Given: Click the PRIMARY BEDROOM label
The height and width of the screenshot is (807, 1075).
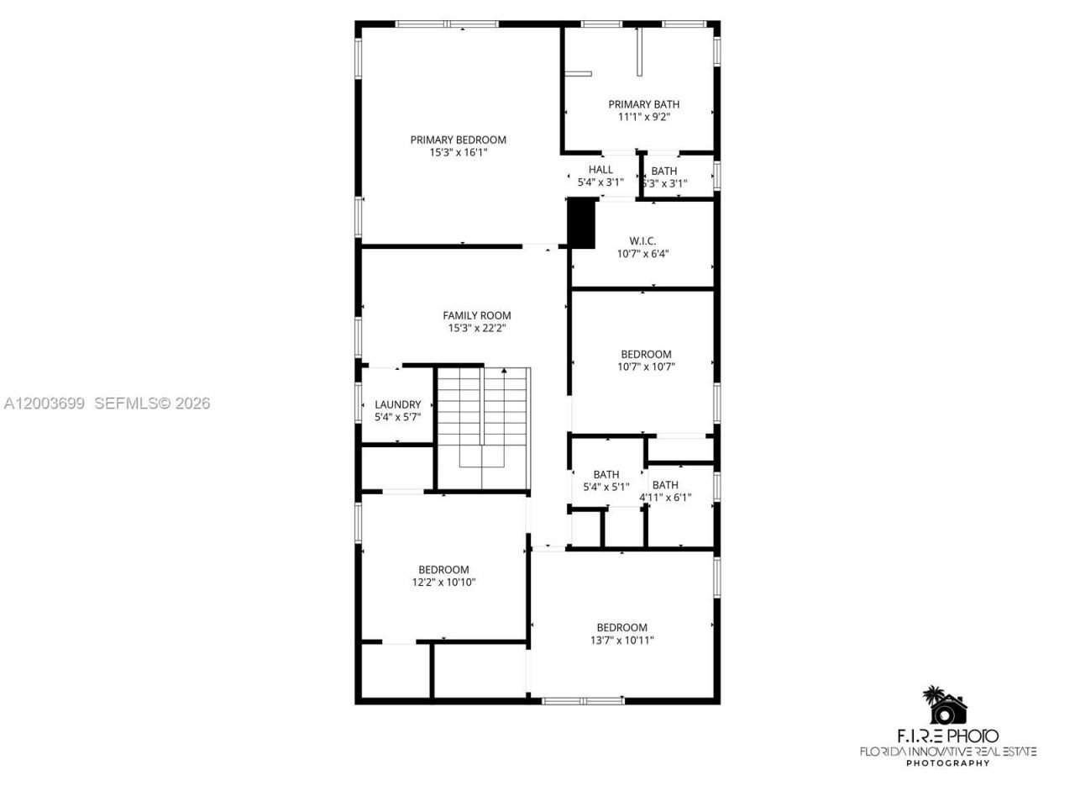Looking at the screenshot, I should pos(458,140).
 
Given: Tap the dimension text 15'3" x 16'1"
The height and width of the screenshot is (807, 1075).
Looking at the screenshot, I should pos(458,152).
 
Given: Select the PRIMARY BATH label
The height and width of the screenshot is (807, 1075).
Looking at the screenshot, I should pos(643,104).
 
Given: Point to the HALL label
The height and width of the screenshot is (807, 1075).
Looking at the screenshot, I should pos(600,170).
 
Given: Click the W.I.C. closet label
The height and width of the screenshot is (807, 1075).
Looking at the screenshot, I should pos(642,241).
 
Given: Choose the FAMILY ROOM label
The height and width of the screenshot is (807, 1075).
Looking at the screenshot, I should pos(477,315).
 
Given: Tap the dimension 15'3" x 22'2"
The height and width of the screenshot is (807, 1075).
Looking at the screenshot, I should pos(477,328).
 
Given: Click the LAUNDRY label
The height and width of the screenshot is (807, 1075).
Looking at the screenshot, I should pos(397,404).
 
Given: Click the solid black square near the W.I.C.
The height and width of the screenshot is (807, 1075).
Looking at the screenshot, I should pos(581,223).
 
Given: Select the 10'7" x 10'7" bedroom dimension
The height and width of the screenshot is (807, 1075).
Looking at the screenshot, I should pos(646,367).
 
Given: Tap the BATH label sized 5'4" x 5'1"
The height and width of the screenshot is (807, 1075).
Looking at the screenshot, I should pos(606,475).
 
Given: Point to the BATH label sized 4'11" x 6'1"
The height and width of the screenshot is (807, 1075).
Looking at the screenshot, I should pos(665,485).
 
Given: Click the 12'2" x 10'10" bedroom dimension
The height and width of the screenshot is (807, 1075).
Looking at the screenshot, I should pos(443,582).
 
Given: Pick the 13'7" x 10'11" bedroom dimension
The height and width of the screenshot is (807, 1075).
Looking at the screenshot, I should pos(621,640).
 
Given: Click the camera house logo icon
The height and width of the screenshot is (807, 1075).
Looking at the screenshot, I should pos(946,707).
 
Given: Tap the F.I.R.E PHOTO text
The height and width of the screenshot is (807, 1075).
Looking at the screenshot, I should pos(947,736).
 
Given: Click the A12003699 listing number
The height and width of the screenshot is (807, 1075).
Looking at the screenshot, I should pos(44,403).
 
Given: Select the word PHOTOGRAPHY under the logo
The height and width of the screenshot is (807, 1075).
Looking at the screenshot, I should pos(947,762).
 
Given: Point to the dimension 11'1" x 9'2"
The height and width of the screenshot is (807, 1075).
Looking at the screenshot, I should pos(643,117).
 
